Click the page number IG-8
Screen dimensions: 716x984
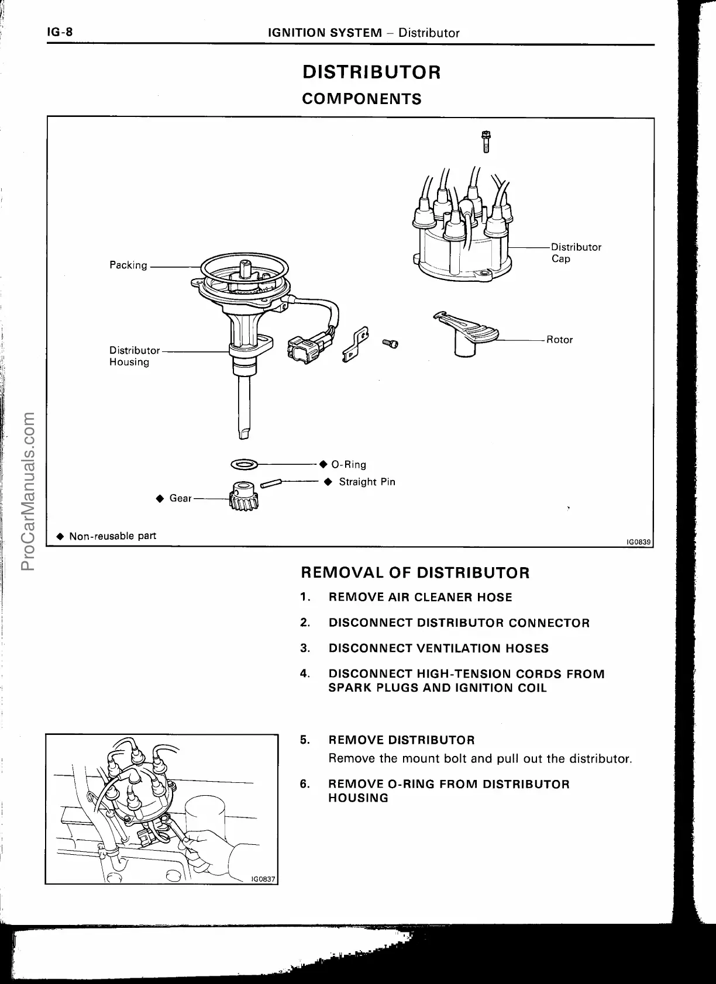[x=60, y=32]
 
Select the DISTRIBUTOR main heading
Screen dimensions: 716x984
[x=371, y=72]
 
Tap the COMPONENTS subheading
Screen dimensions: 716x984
[x=362, y=99]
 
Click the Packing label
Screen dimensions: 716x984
[x=128, y=265]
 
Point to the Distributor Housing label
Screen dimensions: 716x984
[x=134, y=356]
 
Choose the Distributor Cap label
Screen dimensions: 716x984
[x=576, y=253]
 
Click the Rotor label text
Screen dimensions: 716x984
[x=559, y=340]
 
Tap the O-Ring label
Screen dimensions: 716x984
[x=348, y=465]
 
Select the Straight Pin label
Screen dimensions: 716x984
[x=367, y=482]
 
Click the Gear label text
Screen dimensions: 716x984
[x=180, y=498]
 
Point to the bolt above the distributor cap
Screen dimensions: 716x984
[x=486, y=141]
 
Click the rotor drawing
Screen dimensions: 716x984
[x=466, y=334]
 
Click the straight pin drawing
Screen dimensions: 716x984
[x=272, y=483]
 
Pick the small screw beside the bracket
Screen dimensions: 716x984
[x=390, y=344]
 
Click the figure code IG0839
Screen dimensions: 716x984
[x=638, y=542]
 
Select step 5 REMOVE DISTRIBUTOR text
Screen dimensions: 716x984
[x=401, y=740]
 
